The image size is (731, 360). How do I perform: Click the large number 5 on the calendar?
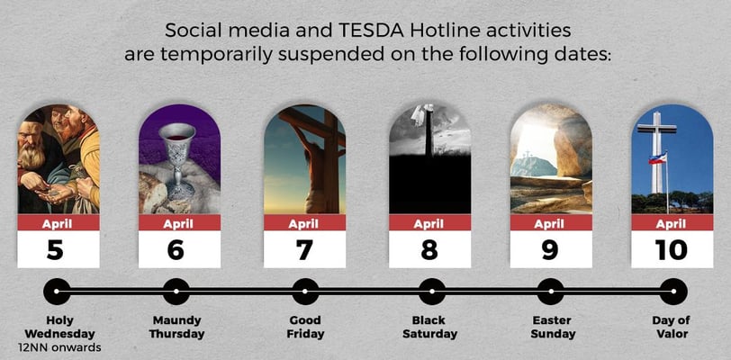(55, 250)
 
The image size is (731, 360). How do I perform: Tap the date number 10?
(671, 250)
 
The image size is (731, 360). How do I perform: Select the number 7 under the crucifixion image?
(304, 250)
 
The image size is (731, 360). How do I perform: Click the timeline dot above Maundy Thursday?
(176, 292)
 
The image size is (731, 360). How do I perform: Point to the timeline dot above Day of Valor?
(673, 292)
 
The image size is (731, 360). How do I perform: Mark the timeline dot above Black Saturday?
(432, 292)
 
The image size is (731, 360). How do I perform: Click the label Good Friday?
(305, 327)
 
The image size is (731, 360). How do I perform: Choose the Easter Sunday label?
(553, 327)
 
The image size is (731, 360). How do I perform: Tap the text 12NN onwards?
(59, 347)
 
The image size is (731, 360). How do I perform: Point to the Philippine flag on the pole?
(657, 157)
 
